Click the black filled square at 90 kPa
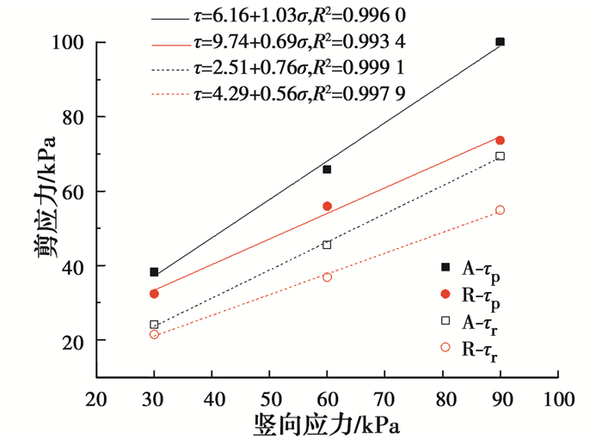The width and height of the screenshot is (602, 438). pos(500,42)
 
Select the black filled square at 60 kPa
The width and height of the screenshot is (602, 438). pos(327,169)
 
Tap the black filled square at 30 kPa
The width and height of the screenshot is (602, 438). pos(154,272)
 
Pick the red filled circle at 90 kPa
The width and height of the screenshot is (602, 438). pos(500,140)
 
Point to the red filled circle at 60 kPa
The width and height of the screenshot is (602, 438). pos(327,206)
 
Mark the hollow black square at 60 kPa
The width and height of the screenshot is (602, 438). pos(327,245)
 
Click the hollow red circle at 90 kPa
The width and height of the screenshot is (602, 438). pos(500,210)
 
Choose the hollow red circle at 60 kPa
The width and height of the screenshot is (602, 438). pos(327,277)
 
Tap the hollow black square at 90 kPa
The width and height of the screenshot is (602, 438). pos(500,156)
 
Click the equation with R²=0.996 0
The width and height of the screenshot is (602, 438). pos(300,16)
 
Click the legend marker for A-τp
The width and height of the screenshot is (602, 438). pos(445,267)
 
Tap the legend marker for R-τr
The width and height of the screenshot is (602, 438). pos(445,347)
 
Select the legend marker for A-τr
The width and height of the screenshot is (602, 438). pos(445,320)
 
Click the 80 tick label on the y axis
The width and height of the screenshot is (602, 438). pos(73,118)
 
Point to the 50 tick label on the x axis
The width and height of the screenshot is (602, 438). pos(270,400)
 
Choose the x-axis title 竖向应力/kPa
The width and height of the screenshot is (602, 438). pos(326,425)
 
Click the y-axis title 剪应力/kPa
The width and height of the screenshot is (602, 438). pos(45,198)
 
